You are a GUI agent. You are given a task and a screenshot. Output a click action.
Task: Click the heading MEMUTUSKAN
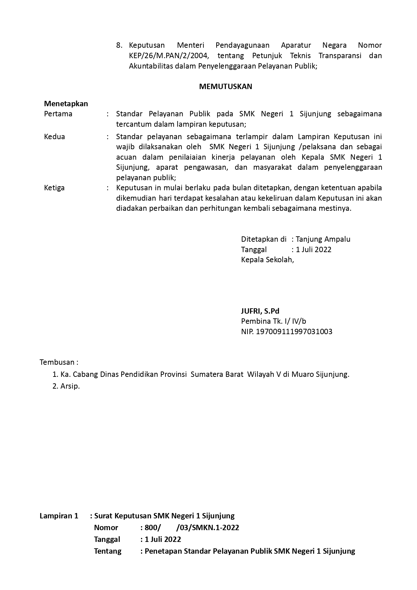pos(225,87)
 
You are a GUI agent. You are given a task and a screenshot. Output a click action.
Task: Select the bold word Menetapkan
pos(66,104)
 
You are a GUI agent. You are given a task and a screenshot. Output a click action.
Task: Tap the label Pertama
pos(58,114)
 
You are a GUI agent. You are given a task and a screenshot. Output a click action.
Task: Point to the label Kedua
pos(54,136)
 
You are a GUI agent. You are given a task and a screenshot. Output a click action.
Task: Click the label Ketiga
pos(54,188)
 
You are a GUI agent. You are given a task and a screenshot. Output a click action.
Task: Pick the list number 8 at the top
pos(119,45)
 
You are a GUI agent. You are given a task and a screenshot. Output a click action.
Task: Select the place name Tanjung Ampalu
pos(323,239)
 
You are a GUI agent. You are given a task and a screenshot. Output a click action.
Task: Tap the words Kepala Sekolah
pos(267,260)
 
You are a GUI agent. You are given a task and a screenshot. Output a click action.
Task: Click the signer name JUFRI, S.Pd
pos(260,311)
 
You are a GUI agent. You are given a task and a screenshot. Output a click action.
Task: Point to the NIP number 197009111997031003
pos(294,331)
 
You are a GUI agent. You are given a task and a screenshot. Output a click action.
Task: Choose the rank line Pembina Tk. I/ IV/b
pos(273,321)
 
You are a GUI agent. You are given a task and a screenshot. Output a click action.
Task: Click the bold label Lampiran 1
pos(59,516)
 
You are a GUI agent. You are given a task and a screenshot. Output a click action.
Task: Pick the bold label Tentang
pos(108,551)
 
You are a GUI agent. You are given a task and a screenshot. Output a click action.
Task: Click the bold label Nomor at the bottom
pos(106,527)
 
